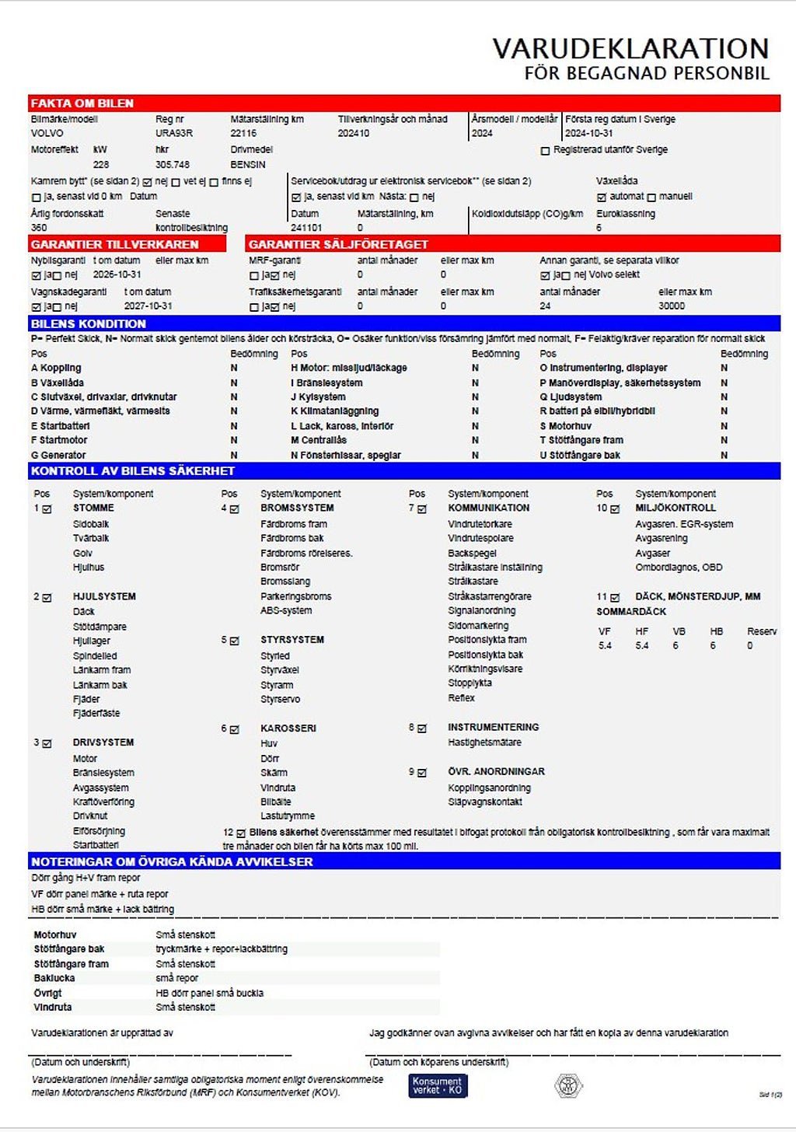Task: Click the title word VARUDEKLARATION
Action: [630, 48]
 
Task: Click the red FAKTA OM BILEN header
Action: [82, 103]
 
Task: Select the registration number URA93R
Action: [174, 133]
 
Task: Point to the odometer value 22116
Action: [243, 133]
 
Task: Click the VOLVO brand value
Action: [47, 133]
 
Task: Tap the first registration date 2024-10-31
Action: [588, 133]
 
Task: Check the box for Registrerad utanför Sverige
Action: [545, 151]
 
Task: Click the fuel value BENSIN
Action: [248, 165]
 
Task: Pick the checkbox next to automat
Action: [601, 197]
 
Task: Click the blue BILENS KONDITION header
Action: [89, 323]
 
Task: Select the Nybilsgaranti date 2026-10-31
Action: [117, 274]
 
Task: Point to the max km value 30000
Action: [672, 306]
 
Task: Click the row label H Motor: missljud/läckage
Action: [348, 368]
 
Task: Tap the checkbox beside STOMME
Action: [47, 509]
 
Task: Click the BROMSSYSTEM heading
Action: [297, 508]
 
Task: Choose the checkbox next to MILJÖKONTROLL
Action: [615, 509]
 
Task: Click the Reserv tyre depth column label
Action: [761, 631]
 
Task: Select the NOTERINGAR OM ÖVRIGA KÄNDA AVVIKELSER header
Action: [172, 861]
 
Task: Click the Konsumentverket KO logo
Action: [438, 1085]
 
